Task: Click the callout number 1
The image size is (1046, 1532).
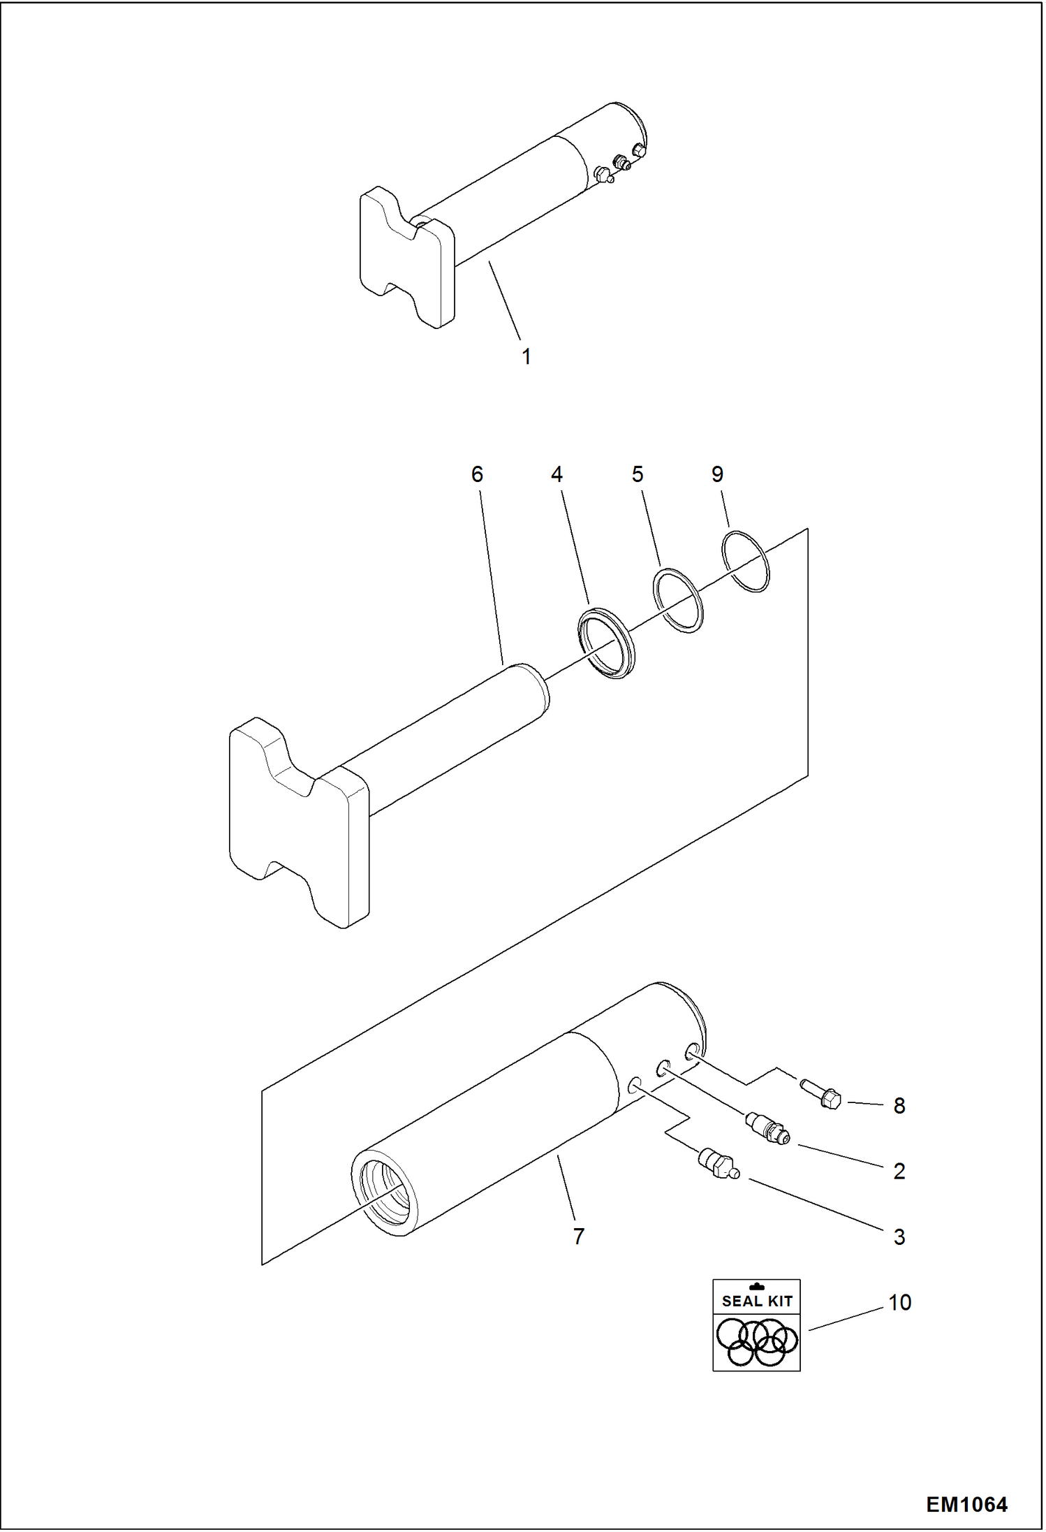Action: coord(526,357)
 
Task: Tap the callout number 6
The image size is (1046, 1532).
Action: coord(477,474)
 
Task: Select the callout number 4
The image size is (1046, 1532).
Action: coord(557,474)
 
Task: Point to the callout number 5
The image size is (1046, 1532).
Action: coord(637,474)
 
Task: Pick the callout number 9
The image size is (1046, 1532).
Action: coord(717,474)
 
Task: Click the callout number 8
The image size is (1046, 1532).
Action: coord(899,1106)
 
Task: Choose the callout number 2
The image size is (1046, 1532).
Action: coord(899,1171)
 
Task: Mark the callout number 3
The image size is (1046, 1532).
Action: coord(899,1237)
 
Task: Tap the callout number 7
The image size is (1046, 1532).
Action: coord(578,1236)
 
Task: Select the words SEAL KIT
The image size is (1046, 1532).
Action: coord(757,1301)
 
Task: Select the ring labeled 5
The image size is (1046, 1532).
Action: coord(678,601)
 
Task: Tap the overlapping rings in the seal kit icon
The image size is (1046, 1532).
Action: coord(756,1342)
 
